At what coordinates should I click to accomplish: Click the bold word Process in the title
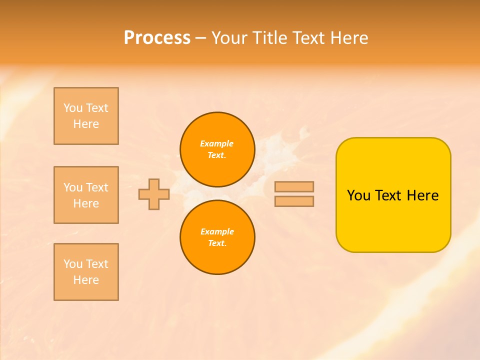(x=157, y=38)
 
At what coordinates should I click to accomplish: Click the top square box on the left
(x=86, y=116)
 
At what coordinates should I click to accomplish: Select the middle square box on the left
(x=86, y=195)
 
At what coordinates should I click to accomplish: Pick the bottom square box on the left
(x=86, y=272)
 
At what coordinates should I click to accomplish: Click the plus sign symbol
(x=154, y=194)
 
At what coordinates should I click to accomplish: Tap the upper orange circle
(x=217, y=149)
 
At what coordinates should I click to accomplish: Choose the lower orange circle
(x=217, y=237)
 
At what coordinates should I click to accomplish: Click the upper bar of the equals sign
(x=294, y=186)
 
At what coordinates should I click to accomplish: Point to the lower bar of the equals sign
(x=294, y=201)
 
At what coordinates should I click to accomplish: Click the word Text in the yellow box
(x=389, y=195)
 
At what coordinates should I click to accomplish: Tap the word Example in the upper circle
(x=217, y=143)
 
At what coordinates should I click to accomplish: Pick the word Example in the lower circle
(x=217, y=231)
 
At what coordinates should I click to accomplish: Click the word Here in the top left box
(x=86, y=124)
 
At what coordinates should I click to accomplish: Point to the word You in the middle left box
(x=72, y=187)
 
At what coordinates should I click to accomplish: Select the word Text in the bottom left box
(x=97, y=264)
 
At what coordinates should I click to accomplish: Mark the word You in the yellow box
(x=358, y=195)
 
